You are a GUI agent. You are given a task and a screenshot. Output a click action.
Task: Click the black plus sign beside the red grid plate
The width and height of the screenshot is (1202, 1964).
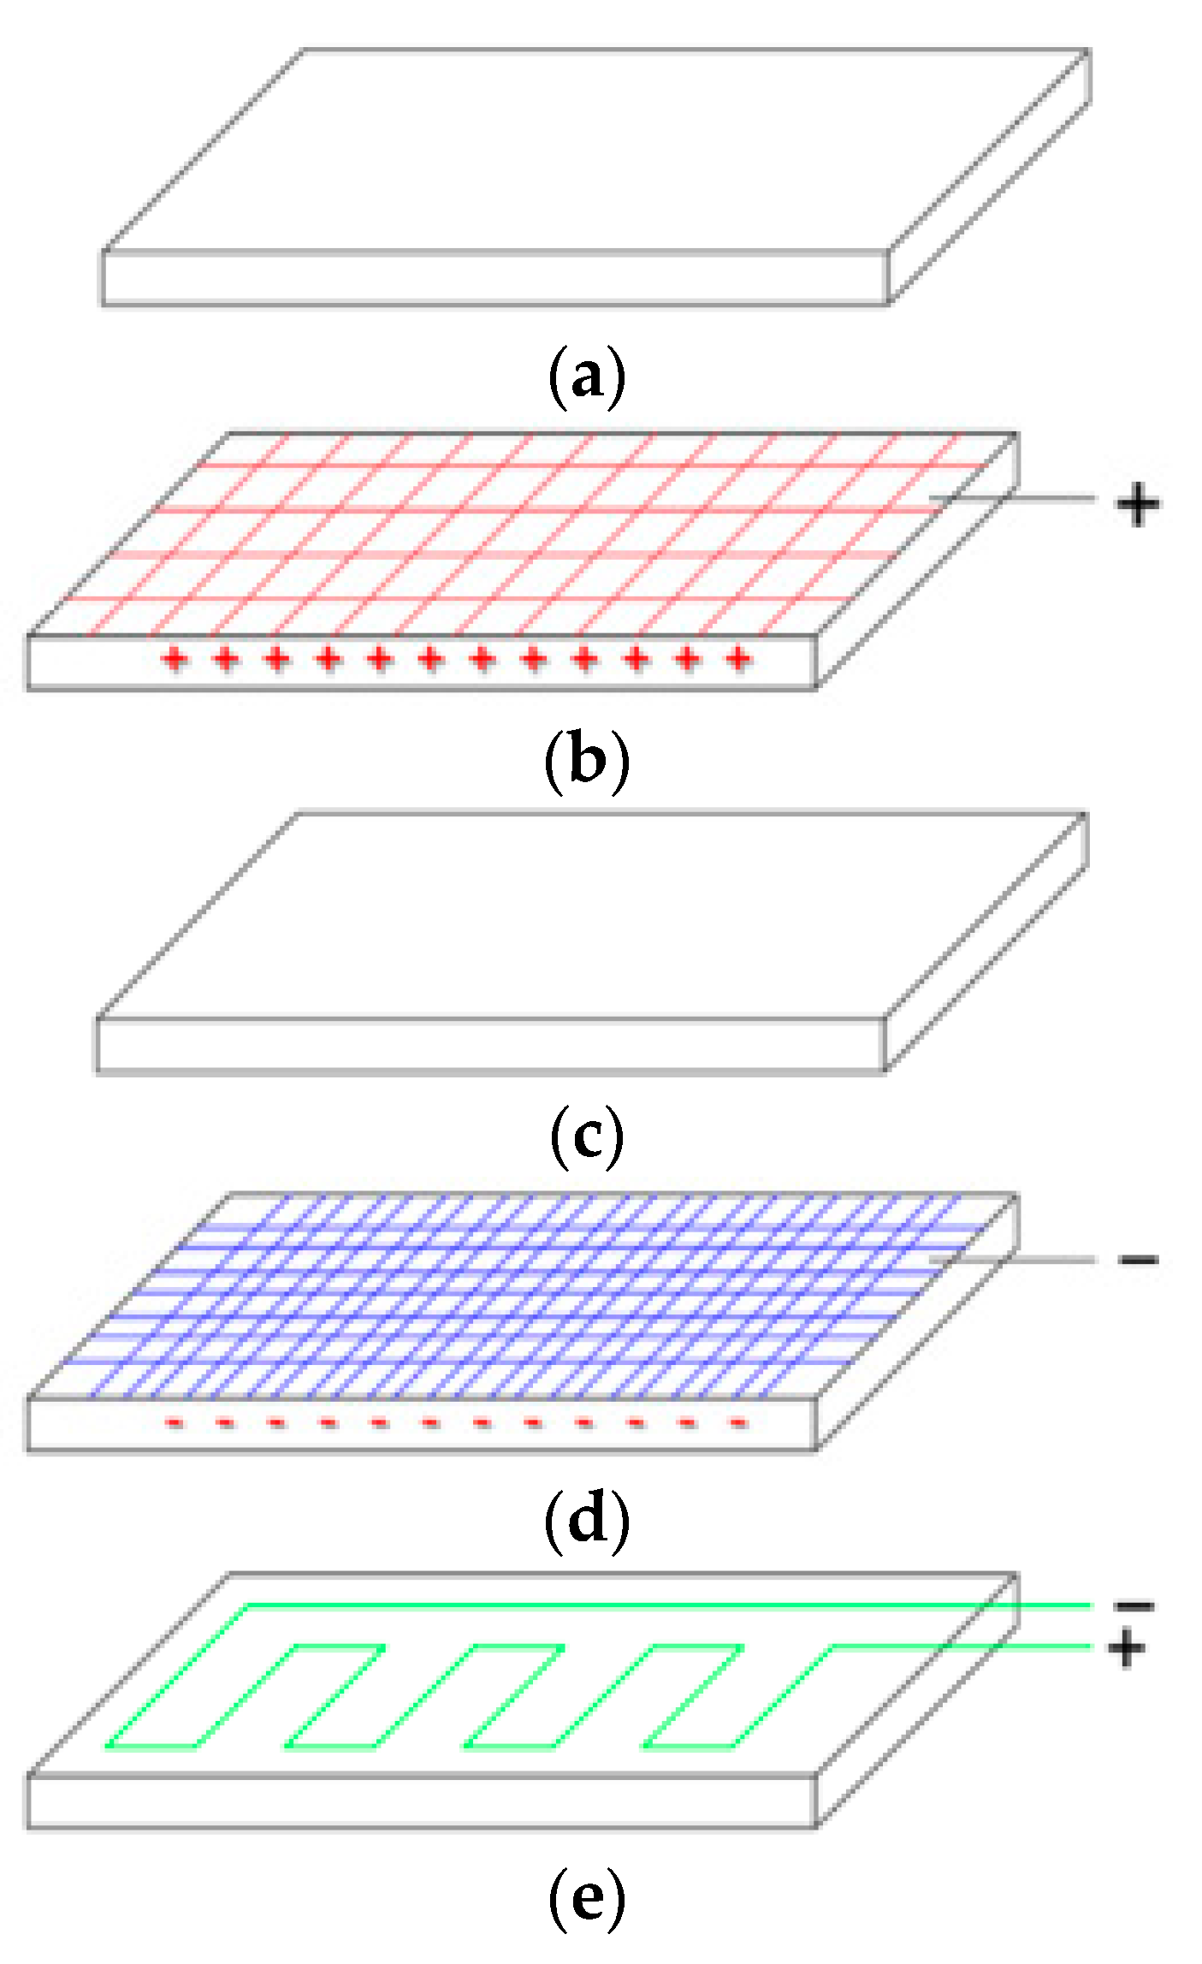1138,505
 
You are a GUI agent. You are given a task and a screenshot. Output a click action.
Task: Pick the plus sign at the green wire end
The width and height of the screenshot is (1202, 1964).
1126,1647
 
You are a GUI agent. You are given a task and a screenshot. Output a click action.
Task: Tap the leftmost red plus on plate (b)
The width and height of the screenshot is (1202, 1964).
175,659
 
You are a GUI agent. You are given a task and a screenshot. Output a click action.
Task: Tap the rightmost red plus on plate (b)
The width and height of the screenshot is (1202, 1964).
738,659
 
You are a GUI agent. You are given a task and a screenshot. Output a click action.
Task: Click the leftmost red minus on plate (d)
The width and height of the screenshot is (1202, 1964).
175,1422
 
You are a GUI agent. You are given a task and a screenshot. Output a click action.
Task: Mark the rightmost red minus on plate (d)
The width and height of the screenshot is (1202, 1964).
738,1422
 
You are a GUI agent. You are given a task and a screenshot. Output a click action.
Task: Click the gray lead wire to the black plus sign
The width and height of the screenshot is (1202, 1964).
1018,497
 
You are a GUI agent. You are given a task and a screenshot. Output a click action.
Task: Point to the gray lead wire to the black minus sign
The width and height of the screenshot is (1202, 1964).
1018,1260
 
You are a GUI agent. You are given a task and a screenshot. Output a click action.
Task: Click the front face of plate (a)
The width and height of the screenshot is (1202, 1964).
494,278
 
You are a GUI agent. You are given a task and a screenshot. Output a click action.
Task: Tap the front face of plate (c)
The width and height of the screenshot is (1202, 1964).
489,1044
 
